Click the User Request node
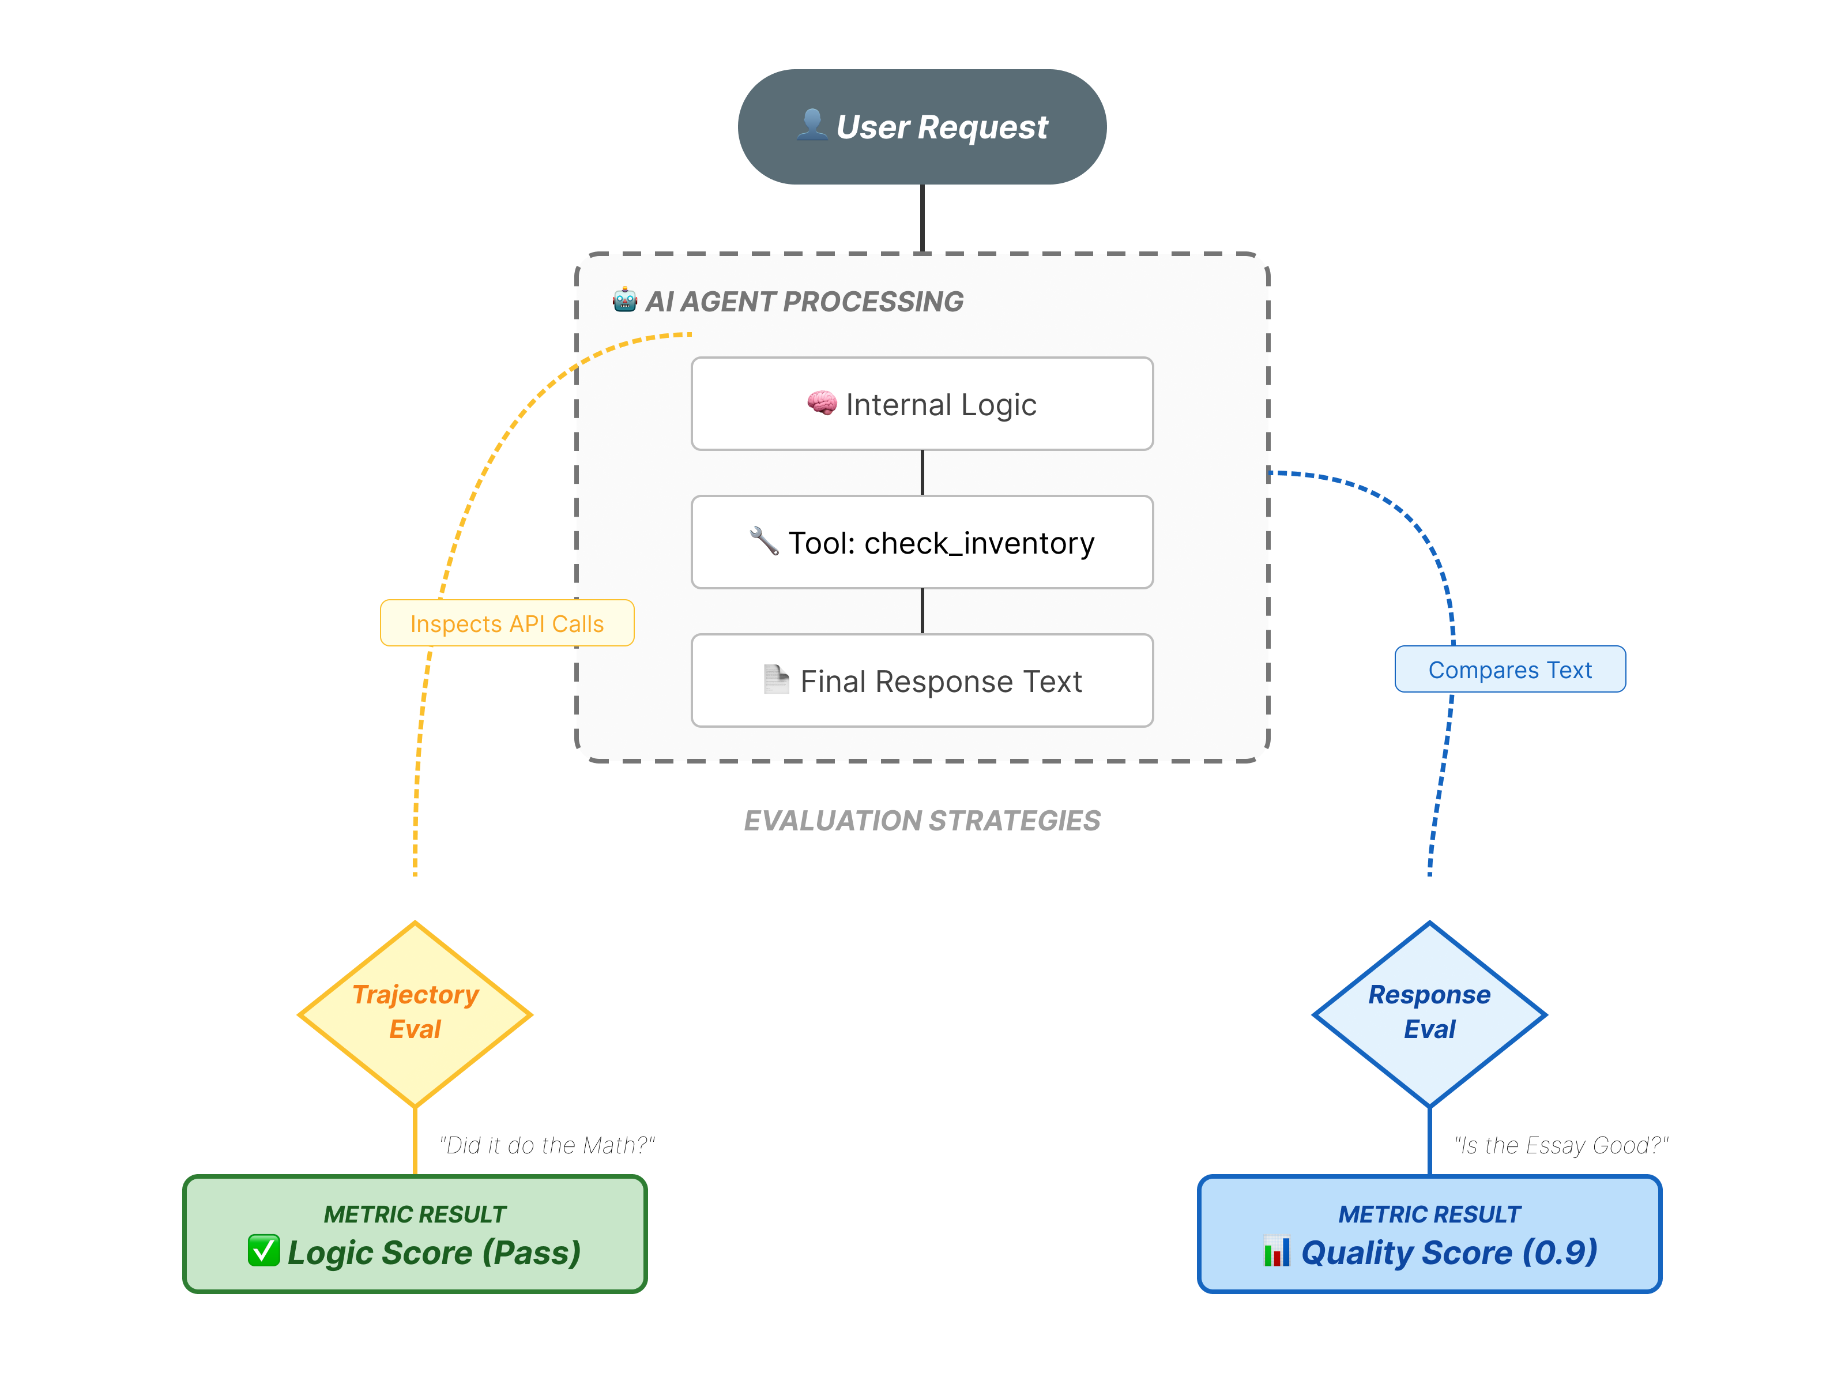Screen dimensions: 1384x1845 [x=922, y=127]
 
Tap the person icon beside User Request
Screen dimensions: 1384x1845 [x=811, y=125]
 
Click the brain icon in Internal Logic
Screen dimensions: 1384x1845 [x=822, y=404]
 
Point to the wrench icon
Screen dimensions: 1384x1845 [x=764, y=541]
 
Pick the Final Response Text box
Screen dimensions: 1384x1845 [x=922, y=680]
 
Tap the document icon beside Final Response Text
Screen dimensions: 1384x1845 [x=775, y=679]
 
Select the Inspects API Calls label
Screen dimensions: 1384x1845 [x=506, y=623]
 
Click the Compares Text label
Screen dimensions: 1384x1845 [x=1509, y=669]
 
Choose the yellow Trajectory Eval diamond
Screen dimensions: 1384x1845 [x=415, y=1014]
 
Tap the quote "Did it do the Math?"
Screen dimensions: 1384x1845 [x=547, y=1145]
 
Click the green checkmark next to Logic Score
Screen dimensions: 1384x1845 [x=263, y=1251]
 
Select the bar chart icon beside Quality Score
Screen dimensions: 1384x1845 [x=1276, y=1251]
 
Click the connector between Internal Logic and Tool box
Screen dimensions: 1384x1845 [x=922, y=473]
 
